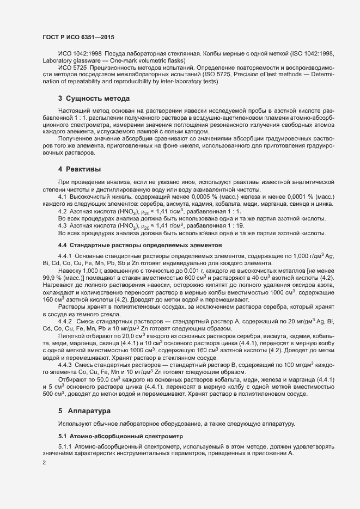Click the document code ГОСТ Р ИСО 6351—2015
point(78,37)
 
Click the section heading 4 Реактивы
point(80,170)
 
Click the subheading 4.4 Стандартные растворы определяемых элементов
point(135,245)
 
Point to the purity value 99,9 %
point(52,277)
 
